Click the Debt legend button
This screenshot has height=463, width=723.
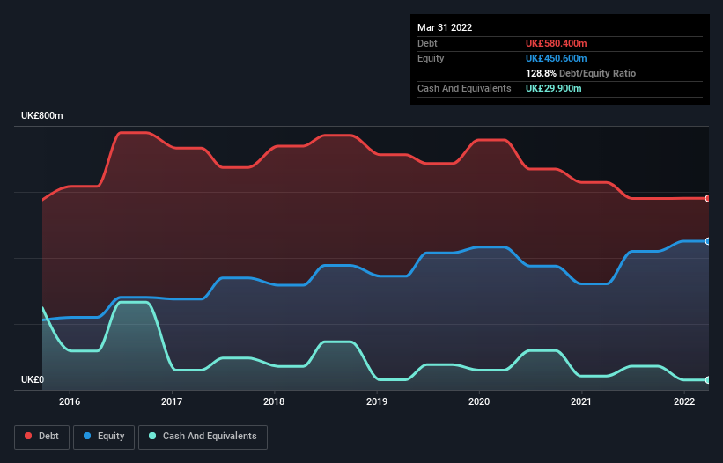(x=41, y=437)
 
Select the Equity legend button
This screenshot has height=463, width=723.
(x=104, y=437)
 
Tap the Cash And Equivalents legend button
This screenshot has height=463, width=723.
(x=202, y=437)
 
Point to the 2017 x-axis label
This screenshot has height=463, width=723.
(x=172, y=402)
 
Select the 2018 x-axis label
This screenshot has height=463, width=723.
(x=275, y=402)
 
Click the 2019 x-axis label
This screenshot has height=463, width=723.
(x=377, y=402)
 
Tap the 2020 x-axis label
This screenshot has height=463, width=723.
(x=479, y=402)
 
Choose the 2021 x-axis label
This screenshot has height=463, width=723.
(x=581, y=402)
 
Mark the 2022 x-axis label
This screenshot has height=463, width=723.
(x=684, y=402)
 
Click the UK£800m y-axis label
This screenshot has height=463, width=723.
(x=42, y=116)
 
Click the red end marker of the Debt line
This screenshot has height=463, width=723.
(x=708, y=198)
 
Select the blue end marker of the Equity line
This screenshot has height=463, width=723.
(x=708, y=241)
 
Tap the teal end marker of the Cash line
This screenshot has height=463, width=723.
(x=708, y=380)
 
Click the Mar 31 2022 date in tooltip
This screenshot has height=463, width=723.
(x=445, y=27)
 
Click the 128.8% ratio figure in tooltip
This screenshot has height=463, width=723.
(x=541, y=74)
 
